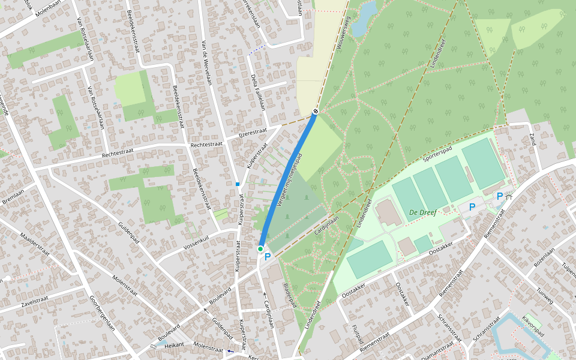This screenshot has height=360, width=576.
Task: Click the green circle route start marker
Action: [260, 248]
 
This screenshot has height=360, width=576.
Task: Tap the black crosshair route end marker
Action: [316, 111]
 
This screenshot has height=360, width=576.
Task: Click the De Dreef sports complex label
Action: [422, 212]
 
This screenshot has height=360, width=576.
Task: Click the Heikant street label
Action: [174, 346]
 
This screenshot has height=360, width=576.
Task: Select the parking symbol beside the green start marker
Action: [268, 256]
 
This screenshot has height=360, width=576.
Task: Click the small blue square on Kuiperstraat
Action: [238, 184]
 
